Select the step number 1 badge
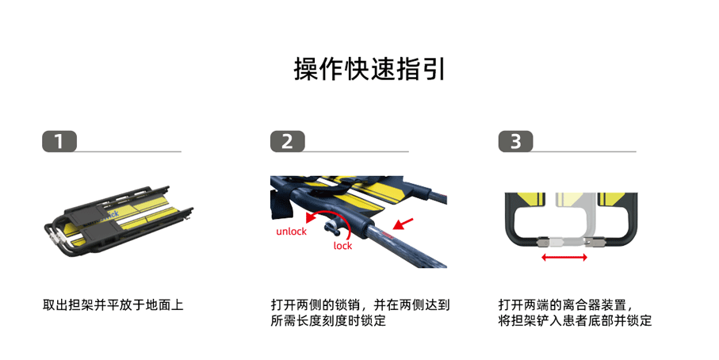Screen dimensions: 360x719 click(59, 142)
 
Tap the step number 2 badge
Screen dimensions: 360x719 click(287, 142)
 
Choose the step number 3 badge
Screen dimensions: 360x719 click(515, 142)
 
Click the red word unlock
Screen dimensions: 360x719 click(291, 232)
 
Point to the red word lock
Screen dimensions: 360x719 click(342, 246)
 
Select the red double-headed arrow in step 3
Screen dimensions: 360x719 click(564, 258)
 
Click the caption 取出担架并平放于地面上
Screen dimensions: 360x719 click(113, 304)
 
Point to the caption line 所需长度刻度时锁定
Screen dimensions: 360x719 click(328, 321)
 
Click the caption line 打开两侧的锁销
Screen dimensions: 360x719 click(316, 304)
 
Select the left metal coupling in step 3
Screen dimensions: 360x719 click(545, 243)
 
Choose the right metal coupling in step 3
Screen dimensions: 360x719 click(597, 241)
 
